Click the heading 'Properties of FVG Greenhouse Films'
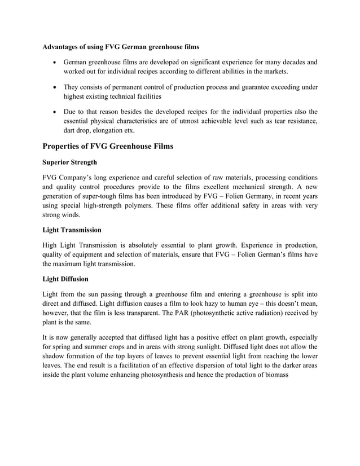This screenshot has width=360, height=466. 108,147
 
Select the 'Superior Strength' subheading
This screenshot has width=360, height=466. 73,162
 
